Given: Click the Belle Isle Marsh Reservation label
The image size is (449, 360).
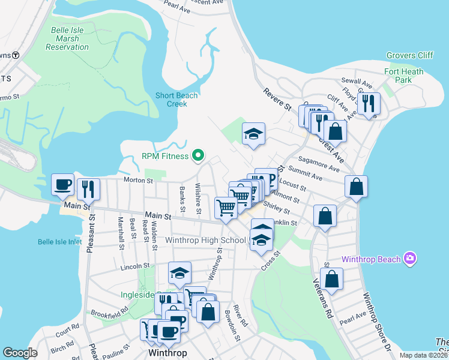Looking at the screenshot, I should pos(58,38).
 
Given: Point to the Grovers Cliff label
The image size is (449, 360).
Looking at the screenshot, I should pos(409,56).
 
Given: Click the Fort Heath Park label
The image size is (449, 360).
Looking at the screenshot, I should pos(403,76).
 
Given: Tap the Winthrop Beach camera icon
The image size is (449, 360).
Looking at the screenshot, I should pos(410,259).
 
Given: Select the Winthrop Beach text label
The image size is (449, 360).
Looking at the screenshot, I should pos(371,260).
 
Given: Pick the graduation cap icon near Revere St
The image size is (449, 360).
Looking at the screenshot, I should pos(253,134).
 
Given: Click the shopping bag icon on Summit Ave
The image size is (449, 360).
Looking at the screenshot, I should pos(357,187).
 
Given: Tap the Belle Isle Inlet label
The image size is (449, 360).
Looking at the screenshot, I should pos(59,242).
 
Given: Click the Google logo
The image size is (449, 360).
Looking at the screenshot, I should pos(20,353).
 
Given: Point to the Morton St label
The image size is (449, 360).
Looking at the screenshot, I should pos(136,179).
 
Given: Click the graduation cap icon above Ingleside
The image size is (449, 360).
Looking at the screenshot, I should pos(179,274).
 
